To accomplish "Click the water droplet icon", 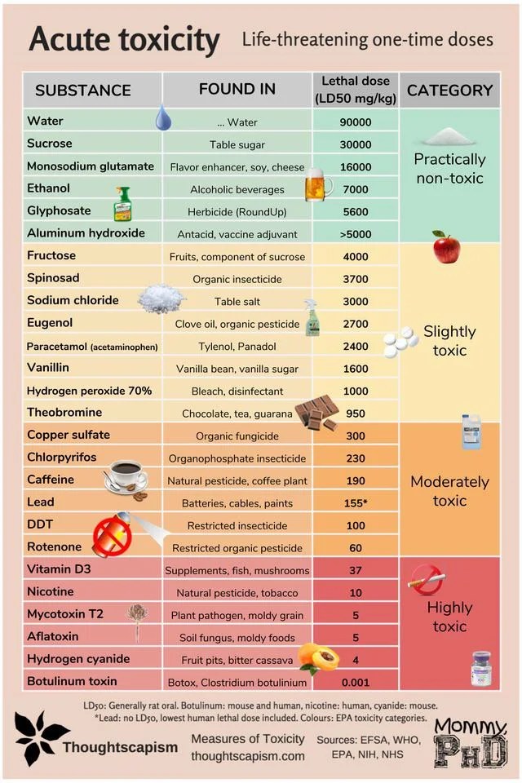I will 163,119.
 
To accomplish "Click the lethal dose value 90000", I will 355,122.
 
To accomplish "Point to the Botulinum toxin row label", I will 72,681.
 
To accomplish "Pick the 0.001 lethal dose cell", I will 355,682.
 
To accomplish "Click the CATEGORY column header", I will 449,90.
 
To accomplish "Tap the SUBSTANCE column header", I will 83,91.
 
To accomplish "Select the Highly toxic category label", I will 449,617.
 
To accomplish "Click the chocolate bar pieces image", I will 316,413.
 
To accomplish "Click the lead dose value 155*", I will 355,503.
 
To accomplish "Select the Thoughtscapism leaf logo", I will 38,737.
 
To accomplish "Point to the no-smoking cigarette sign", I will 427,580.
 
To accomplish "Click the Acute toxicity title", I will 124,39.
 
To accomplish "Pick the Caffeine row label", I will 51,480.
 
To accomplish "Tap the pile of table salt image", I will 161,299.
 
